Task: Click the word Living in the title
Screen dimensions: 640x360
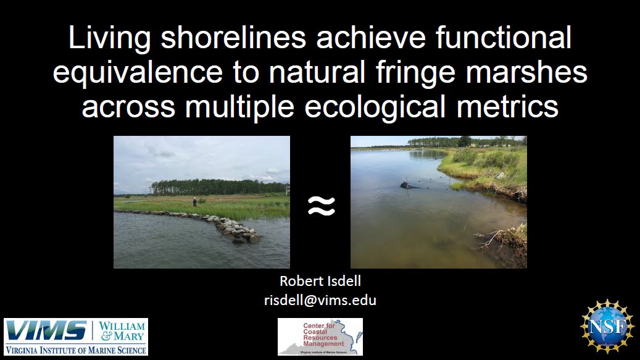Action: [x=109, y=38]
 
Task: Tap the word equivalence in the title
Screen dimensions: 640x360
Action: [x=138, y=72]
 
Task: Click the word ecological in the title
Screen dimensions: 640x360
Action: [x=375, y=107]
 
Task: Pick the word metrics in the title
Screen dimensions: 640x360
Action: [x=507, y=107]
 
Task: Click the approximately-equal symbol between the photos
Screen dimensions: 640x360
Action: [x=321, y=205]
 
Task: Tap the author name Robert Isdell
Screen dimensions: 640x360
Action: [x=320, y=281]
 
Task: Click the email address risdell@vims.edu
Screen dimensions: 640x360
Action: [x=320, y=300]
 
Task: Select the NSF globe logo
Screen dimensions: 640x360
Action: [x=607, y=326]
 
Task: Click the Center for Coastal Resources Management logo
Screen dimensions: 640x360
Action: [x=320, y=337]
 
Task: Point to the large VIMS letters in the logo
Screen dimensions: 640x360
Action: [x=46, y=330]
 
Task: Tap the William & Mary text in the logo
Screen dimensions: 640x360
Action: [x=122, y=331]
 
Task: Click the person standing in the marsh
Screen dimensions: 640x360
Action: [x=194, y=202]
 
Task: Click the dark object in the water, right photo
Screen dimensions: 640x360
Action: [x=410, y=186]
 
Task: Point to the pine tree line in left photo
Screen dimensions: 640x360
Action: [x=218, y=187]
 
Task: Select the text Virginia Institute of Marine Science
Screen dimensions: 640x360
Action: [x=76, y=350]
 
